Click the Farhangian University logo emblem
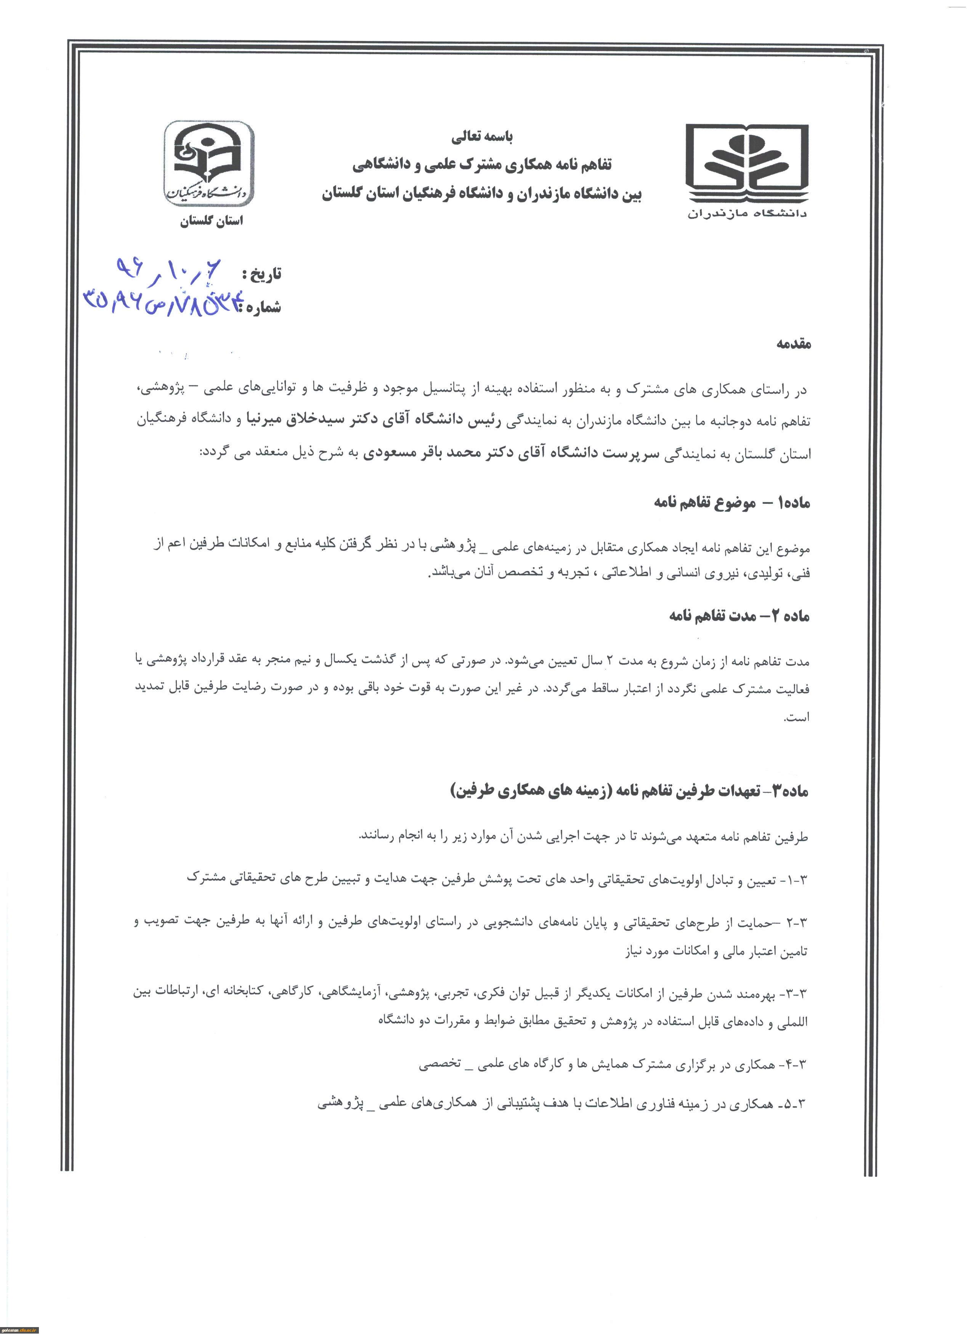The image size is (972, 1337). [209, 163]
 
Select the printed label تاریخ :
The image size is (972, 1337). [261, 274]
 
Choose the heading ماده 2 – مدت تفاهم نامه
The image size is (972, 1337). [739, 616]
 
